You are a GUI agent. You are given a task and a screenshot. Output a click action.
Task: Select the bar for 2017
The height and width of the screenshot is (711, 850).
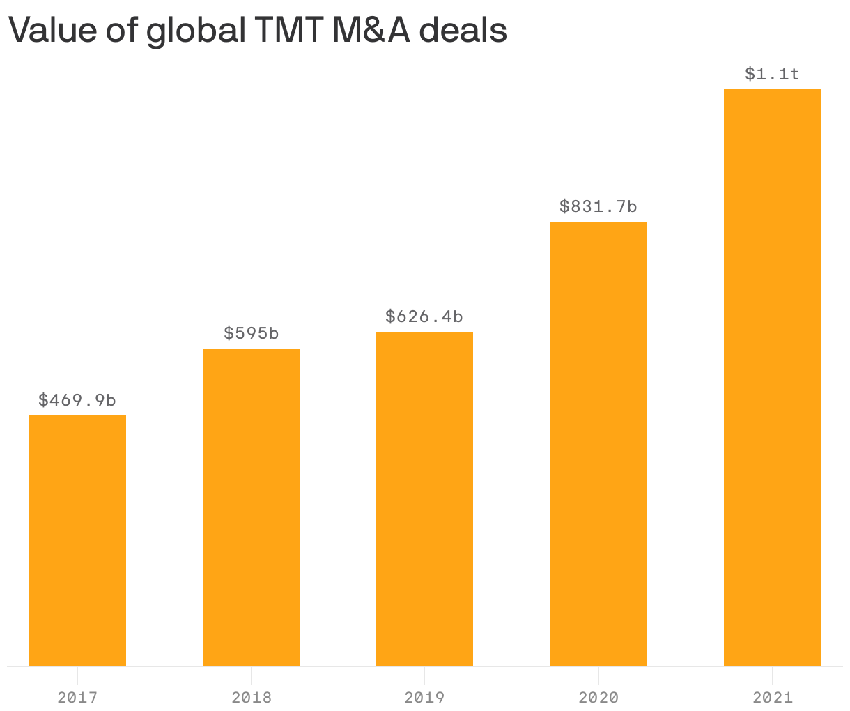click(77, 540)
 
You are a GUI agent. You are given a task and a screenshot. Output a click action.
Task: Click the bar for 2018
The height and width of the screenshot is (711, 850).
click(252, 507)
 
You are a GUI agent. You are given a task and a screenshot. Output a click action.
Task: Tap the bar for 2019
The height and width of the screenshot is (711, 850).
click(424, 498)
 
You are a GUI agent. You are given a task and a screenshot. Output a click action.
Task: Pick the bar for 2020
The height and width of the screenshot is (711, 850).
click(598, 444)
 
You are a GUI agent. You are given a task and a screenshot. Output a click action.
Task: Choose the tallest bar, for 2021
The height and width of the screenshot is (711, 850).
click(773, 377)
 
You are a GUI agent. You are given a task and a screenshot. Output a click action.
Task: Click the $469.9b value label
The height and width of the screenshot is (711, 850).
click(77, 400)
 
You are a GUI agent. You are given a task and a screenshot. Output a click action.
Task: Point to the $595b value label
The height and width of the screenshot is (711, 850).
click(252, 333)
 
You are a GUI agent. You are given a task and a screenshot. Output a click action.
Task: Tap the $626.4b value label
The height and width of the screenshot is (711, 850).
click(424, 316)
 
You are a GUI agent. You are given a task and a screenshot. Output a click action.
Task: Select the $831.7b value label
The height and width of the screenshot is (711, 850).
click(598, 206)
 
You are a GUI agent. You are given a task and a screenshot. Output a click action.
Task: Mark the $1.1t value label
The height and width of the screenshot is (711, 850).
click(772, 74)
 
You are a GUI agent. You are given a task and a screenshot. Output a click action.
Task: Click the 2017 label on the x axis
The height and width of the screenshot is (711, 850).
click(77, 697)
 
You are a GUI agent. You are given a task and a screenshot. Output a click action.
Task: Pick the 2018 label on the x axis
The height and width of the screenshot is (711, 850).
click(252, 697)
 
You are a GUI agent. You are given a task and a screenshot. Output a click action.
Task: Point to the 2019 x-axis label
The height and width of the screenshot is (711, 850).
click(424, 697)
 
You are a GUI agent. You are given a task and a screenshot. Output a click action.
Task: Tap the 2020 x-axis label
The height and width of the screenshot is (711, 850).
click(598, 697)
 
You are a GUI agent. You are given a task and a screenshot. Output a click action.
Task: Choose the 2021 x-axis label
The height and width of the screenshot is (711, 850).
click(773, 697)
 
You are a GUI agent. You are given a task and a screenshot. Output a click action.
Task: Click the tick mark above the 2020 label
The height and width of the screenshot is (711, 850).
click(598, 673)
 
